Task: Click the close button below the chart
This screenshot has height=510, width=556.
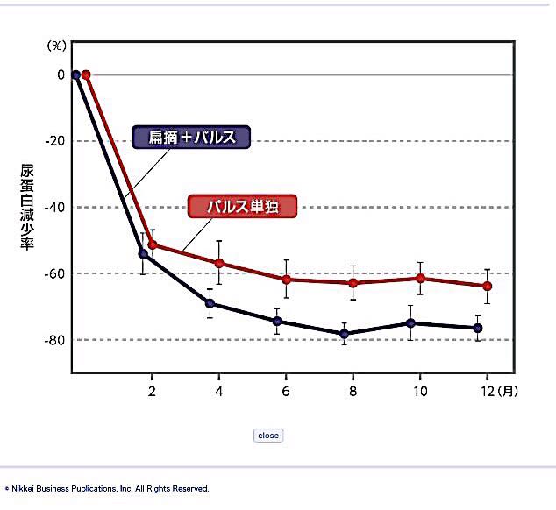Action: (x=268, y=436)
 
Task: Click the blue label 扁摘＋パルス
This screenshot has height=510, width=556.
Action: (x=191, y=138)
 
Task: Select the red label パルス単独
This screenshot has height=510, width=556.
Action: (x=243, y=207)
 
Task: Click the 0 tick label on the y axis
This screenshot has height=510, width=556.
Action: (x=61, y=74)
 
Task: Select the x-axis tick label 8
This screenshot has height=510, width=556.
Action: (x=353, y=391)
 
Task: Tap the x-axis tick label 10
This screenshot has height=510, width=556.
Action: (x=420, y=391)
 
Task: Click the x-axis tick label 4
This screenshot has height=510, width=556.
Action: (x=218, y=391)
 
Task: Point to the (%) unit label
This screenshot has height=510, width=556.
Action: (x=56, y=44)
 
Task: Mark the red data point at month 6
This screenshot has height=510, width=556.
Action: (x=286, y=280)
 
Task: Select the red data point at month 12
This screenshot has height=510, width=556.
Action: (x=488, y=286)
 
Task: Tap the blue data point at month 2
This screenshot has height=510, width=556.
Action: (x=143, y=254)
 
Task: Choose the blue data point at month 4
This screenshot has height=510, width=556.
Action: (x=210, y=303)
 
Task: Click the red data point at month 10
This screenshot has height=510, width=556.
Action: (x=421, y=278)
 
